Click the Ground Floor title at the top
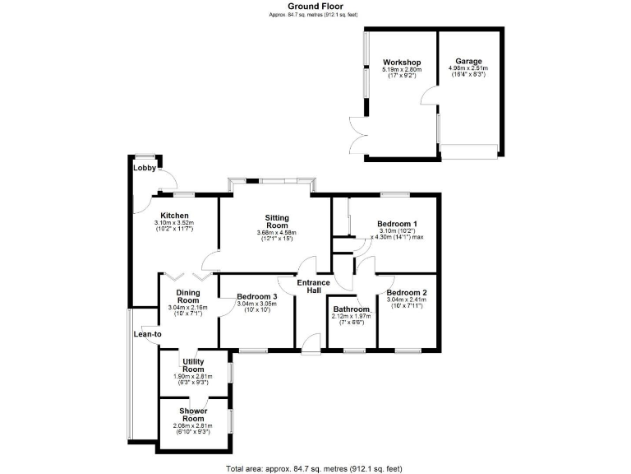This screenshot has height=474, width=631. click(x=315, y=6)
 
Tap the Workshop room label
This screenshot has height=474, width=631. click(x=402, y=63)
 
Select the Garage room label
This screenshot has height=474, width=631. click(x=469, y=61)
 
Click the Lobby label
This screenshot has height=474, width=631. click(x=145, y=168)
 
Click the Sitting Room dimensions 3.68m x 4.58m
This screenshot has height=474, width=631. click(x=277, y=232)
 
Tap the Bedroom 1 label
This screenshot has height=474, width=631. click(x=397, y=224)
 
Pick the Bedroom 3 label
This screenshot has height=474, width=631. click(x=257, y=296)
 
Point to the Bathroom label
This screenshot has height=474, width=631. click(x=351, y=309)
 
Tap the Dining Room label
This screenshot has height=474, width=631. click(x=187, y=295)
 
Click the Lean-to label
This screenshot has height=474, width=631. click(x=148, y=334)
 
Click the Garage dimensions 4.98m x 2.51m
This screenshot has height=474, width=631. click(x=469, y=68)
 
